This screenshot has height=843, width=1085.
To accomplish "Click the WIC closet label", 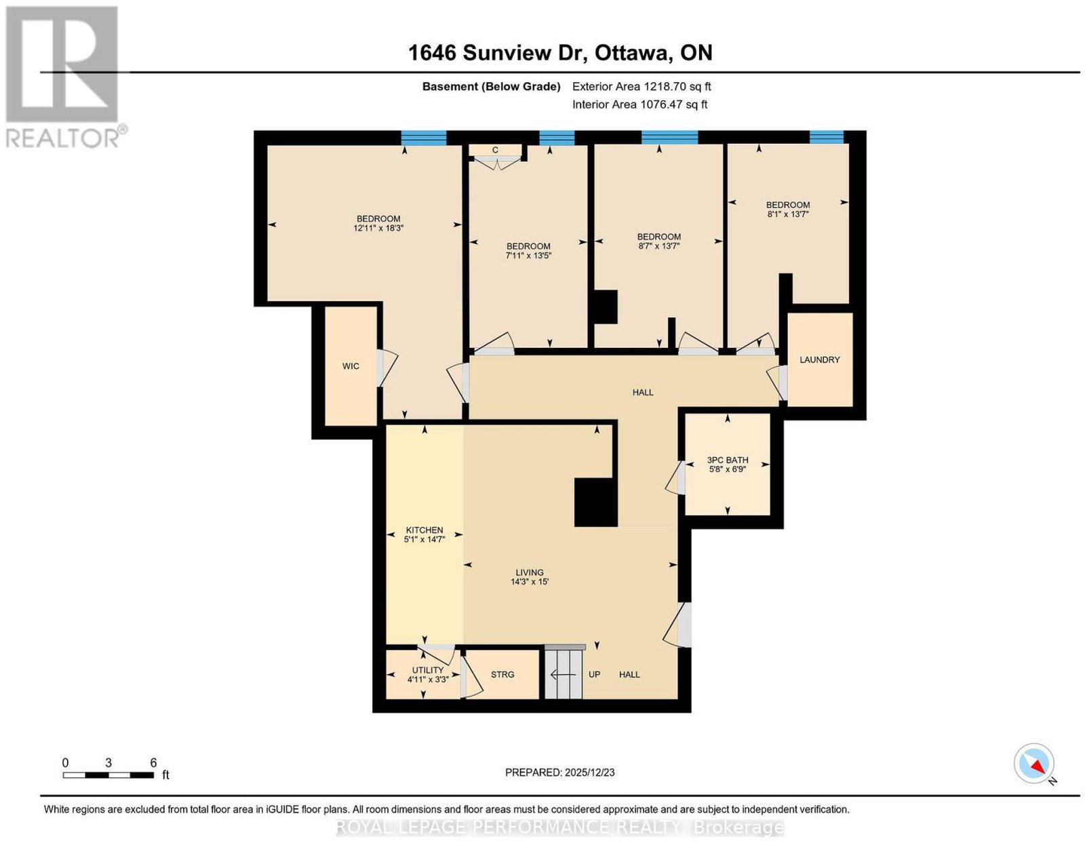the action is [x=351, y=366].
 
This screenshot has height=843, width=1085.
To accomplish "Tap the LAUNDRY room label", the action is [x=819, y=359].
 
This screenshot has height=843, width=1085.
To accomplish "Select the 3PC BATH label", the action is [x=728, y=460].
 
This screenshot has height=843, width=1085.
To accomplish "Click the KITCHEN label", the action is [x=425, y=530].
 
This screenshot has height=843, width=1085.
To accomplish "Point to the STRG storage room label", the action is [x=502, y=674].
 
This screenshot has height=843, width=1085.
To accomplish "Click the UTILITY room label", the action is [x=428, y=670].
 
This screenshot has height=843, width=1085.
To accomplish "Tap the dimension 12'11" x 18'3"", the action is [x=378, y=228].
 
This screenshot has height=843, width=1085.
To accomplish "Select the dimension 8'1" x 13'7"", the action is [x=788, y=214].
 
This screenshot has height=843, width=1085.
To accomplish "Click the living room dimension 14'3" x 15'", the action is [x=529, y=581].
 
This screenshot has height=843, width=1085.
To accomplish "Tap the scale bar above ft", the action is [x=108, y=775].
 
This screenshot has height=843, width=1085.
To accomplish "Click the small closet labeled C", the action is [x=495, y=151].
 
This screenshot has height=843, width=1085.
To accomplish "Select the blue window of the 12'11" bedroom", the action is [x=424, y=138].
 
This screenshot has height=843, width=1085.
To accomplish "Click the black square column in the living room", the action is [x=595, y=502].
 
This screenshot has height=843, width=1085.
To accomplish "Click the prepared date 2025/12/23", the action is [x=590, y=772].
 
